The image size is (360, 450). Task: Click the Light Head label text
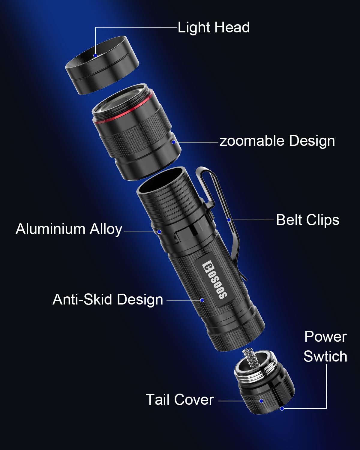[214, 28]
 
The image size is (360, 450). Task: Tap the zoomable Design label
[277, 141]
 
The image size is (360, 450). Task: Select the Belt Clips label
[307, 220]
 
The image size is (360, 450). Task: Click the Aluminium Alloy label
[69, 229]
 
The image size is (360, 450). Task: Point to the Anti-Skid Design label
[108, 299]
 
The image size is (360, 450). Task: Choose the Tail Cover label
[179, 400]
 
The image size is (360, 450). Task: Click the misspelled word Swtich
[325, 356]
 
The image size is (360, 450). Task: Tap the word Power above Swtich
[325, 337]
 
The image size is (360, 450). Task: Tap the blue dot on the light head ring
[95, 55]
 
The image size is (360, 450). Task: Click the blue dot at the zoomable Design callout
[174, 142]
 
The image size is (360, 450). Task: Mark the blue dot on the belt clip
[229, 220]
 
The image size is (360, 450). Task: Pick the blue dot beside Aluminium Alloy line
[159, 232]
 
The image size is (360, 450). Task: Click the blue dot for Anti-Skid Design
[202, 300]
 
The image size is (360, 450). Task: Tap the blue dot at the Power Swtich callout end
[282, 408]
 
